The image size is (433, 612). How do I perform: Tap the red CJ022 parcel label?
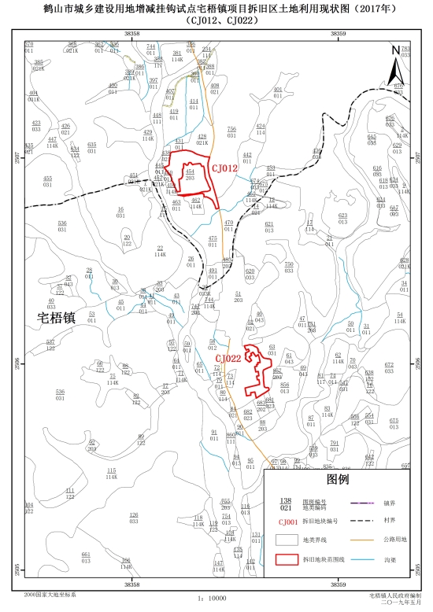pos(228,359)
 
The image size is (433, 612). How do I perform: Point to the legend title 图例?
pos(337,478)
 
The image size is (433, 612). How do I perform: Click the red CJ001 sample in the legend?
pos(288,522)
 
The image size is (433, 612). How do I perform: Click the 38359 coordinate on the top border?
pos(338,34)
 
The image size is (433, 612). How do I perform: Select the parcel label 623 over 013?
pos(342,218)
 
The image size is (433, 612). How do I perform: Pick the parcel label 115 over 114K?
pos(111,474)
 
